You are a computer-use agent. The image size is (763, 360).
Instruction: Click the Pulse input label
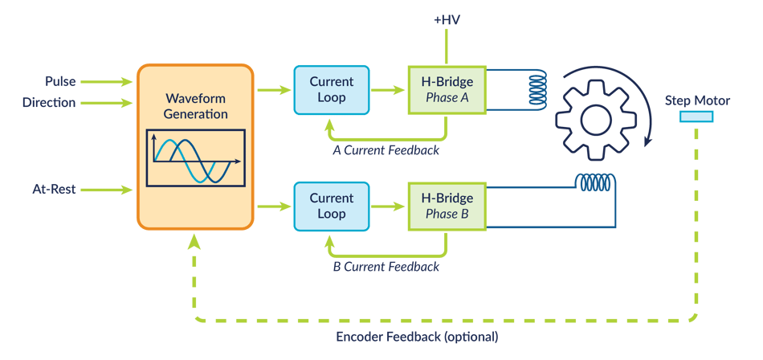(61, 82)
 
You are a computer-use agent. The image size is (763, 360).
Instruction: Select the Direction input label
(49, 103)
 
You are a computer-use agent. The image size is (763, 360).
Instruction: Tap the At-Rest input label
(54, 190)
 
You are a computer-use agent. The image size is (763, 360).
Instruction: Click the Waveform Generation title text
(195, 106)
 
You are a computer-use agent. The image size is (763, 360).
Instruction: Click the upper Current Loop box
(331, 89)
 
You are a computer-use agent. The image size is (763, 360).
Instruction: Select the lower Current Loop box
(331, 206)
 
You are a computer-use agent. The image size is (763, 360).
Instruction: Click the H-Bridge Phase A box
(447, 89)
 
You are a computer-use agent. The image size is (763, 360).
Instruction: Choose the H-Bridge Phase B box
(447, 206)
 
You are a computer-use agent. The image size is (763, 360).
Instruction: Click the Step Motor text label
(697, 100)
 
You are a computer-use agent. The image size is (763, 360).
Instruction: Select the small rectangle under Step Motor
(696, 117)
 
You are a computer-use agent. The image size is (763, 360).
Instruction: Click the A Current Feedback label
(386, 149)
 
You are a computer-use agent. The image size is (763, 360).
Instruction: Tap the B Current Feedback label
(386, 266)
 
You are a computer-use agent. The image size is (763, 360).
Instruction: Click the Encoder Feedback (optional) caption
(417, 336)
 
